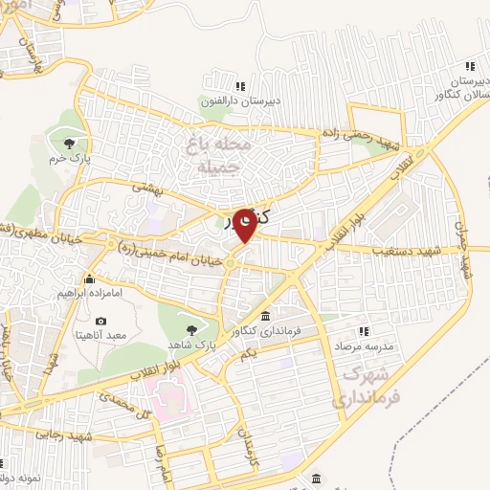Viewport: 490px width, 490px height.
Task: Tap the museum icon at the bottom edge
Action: click(x=317, y=478)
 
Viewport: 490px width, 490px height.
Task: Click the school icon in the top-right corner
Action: click(x=469, y=66)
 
